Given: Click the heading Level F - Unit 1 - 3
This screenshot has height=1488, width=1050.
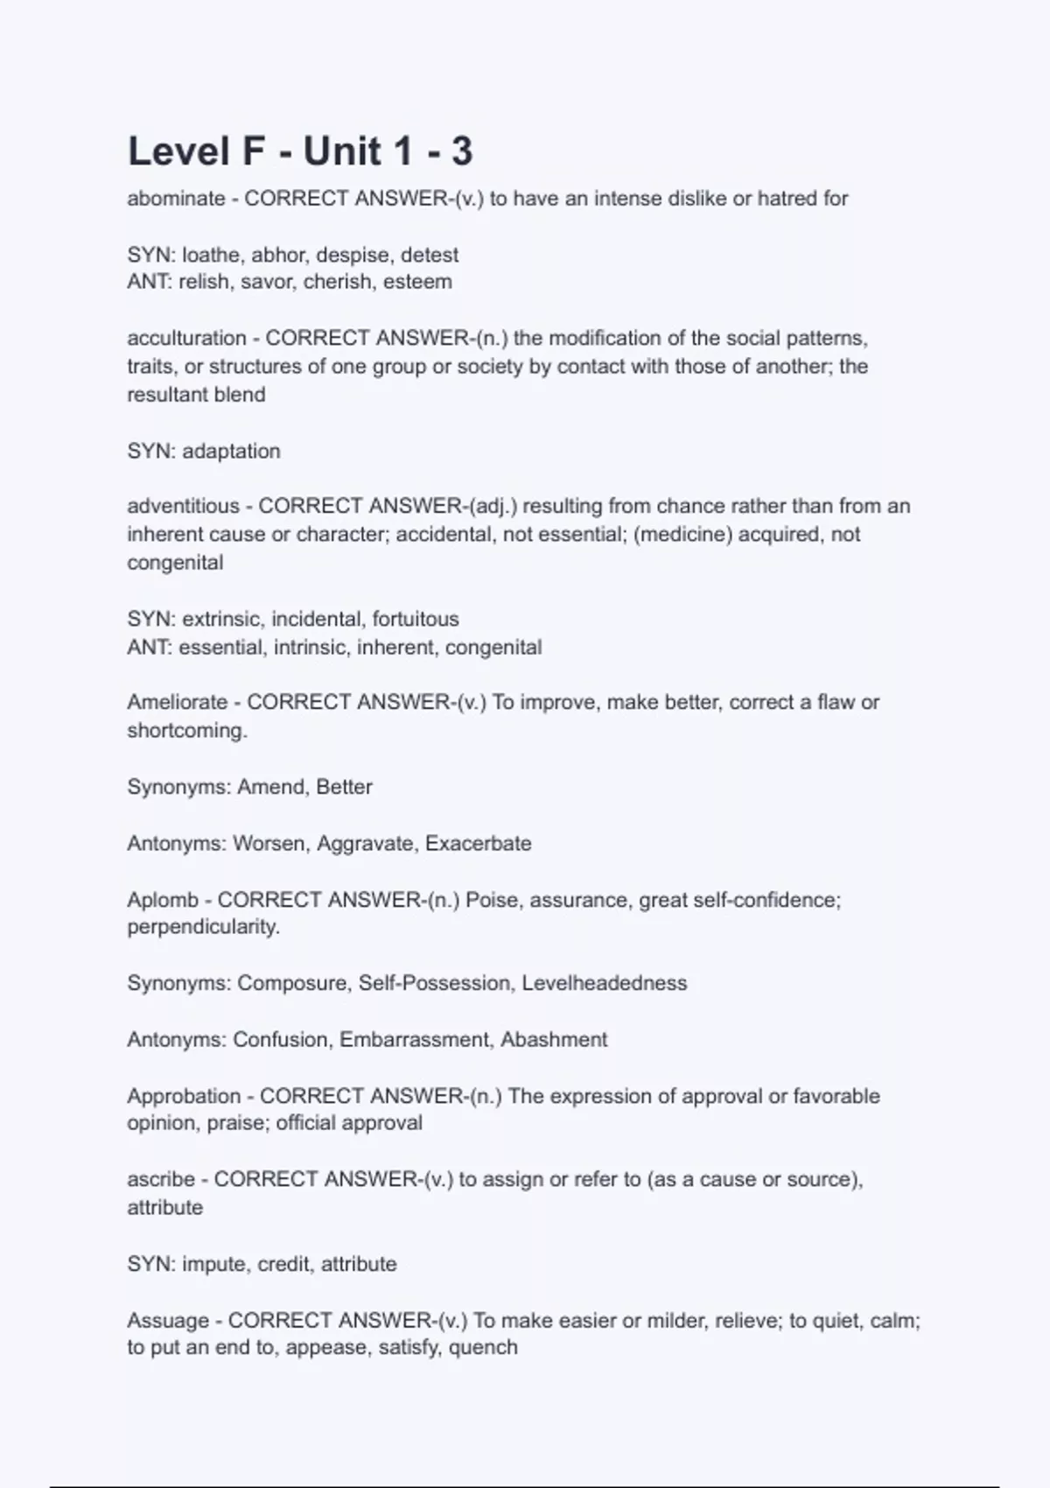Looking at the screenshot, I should pyautogui.click(x=300, y=151).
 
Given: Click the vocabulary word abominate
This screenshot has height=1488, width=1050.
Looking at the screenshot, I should pyautogui.click(x=176, y=199).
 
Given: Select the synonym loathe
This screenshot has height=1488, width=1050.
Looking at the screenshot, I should pyautogui.click(x=211, y=255).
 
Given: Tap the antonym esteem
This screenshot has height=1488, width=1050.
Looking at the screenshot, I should pyautogui.click(x=417, y=282).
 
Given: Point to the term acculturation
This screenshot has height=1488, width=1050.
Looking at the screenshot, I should pyautogui.click(x=186, y=338).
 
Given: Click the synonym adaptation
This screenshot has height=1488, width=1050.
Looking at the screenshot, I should pyautogui.click(x=231, y=451).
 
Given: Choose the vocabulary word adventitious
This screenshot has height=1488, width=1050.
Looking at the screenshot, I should pyautogui.click(x=183, y=506).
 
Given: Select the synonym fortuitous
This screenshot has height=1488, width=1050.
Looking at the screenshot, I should pyautogui.click(x=416, y=619).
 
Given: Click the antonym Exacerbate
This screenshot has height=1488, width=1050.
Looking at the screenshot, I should pyautogui.click(x=479, y=844).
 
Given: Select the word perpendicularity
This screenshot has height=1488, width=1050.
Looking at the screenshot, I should pyautogui.click(x=203, y=927).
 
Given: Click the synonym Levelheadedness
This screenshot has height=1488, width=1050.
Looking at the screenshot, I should pyautogui.click(x=604, y=983).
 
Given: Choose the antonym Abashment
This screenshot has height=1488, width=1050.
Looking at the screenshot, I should pyautogui.click(x=554, y=1040).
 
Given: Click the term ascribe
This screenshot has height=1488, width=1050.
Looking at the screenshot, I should pyautogui.click(x=161, y=1179).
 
